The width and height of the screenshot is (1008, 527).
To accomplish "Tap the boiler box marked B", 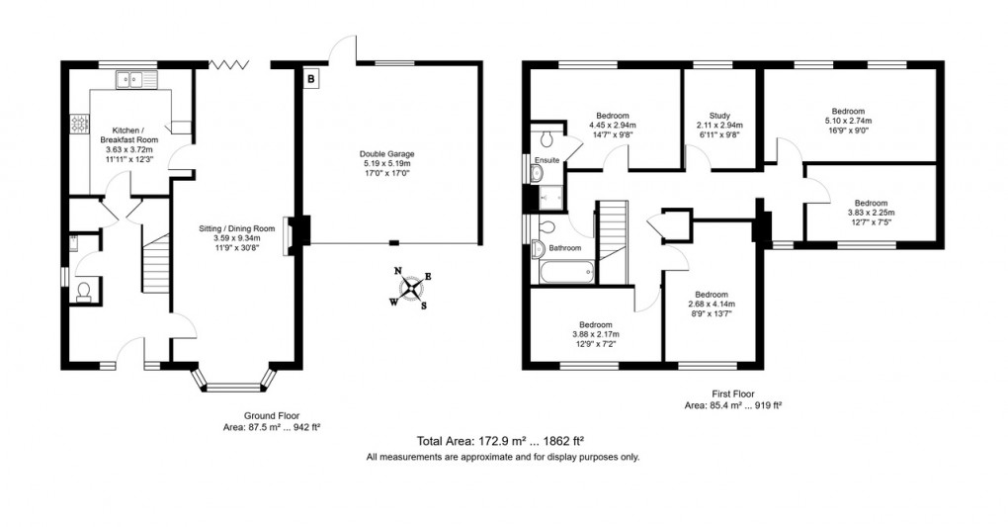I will coord(310,77).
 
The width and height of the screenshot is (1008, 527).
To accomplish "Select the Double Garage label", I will coord(386,154).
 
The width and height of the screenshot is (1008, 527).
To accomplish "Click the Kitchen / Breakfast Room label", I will coord(131,135).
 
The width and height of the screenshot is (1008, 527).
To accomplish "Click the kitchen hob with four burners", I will coord(78,125).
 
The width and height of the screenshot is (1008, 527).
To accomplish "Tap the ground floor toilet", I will coord(83,290).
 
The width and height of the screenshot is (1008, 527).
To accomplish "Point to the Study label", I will coord(718,115).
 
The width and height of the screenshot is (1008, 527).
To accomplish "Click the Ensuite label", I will coord(546,159).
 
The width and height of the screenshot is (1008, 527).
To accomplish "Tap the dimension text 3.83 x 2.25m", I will coord(871,212).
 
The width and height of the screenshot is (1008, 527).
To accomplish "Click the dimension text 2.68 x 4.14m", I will coord(711,305).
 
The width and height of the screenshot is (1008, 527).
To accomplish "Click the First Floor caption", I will coord(726,394).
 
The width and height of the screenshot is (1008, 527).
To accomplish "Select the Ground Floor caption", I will coord(272,416).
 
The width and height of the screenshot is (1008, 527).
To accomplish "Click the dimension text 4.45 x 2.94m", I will coord(613,126).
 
